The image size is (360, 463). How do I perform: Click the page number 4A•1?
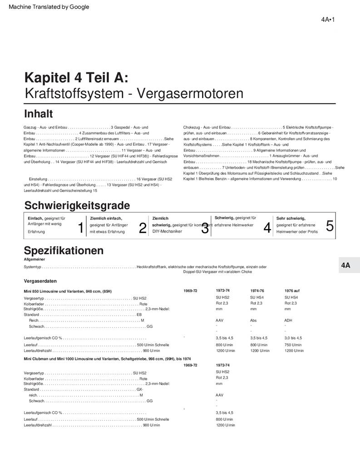tap(327, 20)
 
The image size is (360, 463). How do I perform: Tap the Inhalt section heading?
tap(38, 113)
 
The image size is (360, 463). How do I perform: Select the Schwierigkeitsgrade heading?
tap(77, 205)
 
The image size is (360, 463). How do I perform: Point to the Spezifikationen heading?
tap(64, 250)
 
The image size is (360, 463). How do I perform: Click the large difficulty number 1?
tap(81, 228)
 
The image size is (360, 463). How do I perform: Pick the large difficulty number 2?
tap(143, 228)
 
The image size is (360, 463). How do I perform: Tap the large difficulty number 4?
tap(267, 228)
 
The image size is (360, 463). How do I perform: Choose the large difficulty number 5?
tap(330, 226)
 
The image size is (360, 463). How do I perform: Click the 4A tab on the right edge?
tap(346, 266)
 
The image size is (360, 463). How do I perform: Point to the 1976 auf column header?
tap(292, 291)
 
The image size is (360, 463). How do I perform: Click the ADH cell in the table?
tap(288, 320)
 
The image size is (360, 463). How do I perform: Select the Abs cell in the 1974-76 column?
tap(254, 320)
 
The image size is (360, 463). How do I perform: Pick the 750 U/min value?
tap(293, 345)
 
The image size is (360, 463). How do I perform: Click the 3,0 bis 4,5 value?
tap(293, 338)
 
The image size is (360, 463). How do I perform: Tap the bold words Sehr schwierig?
tap(291, 218)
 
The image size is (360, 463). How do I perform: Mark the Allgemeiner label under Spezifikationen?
tap(35, 259)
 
